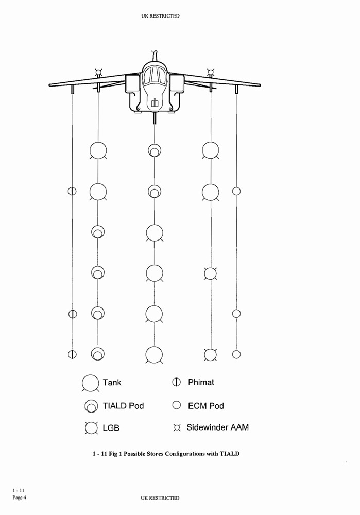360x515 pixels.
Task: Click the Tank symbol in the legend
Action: pos(91,383)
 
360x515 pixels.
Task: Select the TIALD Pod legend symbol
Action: pos(91,406)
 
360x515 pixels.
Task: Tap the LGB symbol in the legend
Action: pos(91,428)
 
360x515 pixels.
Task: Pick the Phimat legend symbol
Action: pos(177,382)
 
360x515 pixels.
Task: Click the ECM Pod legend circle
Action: pos(177,405)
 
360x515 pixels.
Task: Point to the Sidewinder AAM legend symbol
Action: pos(177,428)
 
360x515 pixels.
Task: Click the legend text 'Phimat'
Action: pos(201,382)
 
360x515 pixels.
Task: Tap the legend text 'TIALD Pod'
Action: pos(123,406)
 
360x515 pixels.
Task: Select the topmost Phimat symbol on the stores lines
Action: pos(72,191)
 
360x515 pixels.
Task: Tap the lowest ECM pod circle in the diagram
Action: pos(236,354)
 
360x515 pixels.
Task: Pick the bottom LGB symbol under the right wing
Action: pos(210,354)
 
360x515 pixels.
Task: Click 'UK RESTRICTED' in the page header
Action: pos(160,16)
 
